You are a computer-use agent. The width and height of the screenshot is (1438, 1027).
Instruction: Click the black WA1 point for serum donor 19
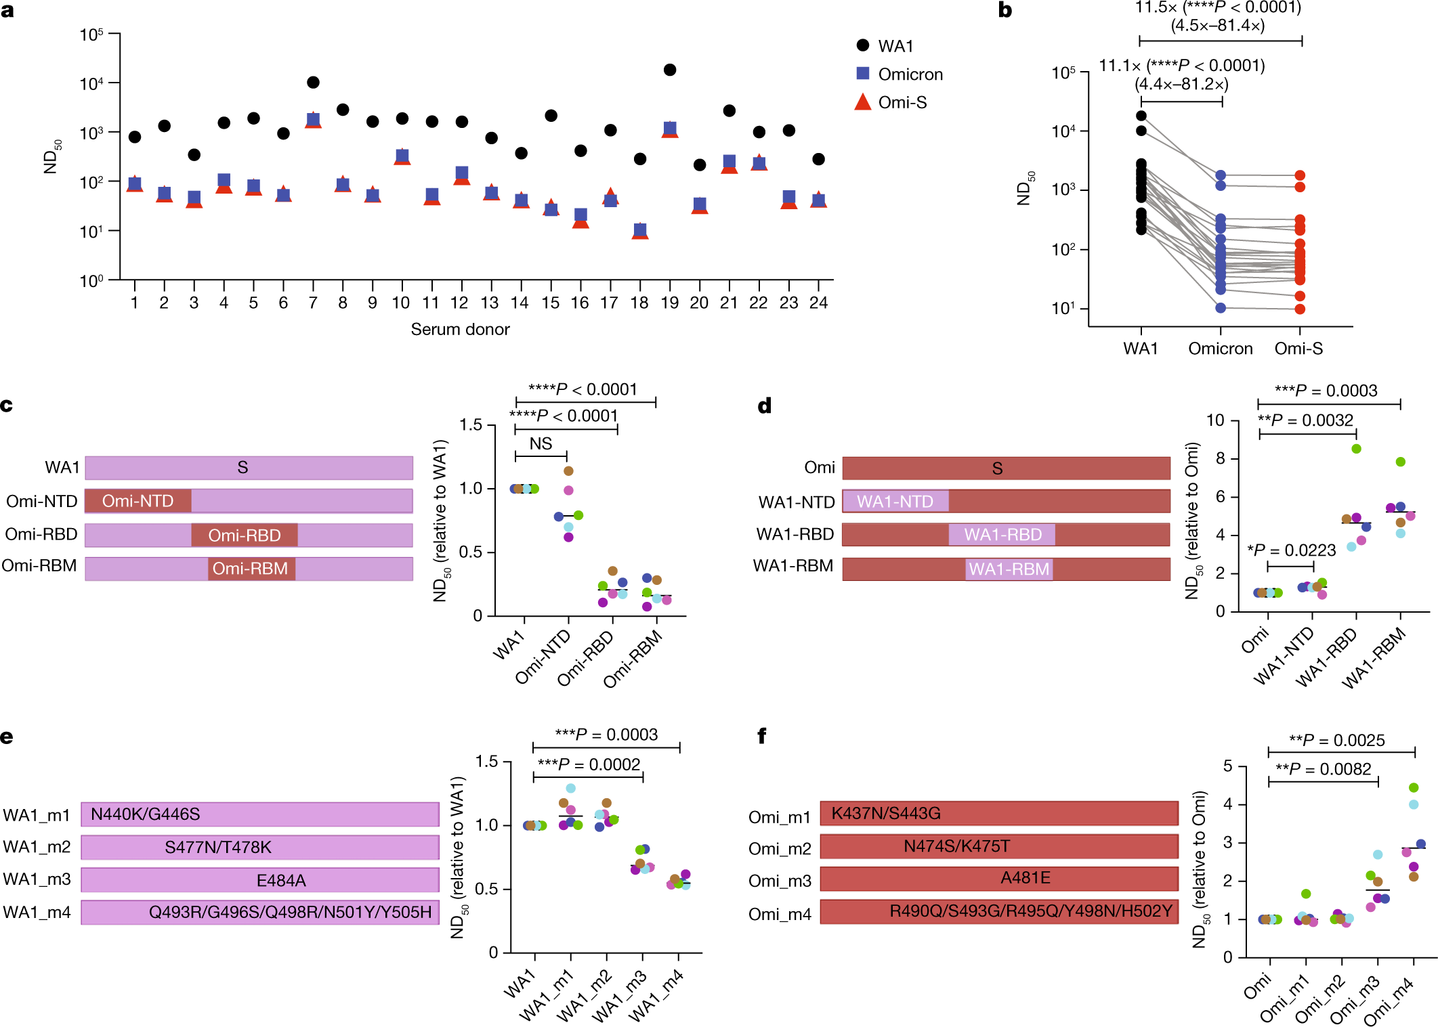pyautogui.click(x=670, y=70)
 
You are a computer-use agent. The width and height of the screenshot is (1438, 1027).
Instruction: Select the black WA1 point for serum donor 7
pyautogui.click(x=313, y=83)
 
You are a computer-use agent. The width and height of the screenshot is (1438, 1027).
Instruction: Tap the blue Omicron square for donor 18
pyautogui.click(x=640, y=230)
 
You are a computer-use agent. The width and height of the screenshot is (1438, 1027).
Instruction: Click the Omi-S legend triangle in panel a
pyautogui.click(x=862, y=102)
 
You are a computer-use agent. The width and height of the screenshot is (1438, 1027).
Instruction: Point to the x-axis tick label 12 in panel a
pyautogui.click(x=460, y=303)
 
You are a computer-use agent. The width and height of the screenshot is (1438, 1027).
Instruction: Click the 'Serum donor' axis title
pyautogui.click(x=460, y=330)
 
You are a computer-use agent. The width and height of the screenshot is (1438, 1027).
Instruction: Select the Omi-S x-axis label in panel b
pyautogui.click(x=1298, y=349)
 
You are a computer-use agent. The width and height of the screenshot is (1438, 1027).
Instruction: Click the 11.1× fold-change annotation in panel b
pyautogui.click(x=1181, y=66)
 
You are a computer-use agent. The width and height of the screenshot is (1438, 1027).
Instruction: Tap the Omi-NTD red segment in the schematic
pyautogui.click(x=138, y=501)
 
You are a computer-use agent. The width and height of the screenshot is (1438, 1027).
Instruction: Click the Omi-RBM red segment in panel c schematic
pyautogui.click(x=251, y=569)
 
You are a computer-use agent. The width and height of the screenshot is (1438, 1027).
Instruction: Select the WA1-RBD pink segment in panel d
pyautogui.click(x=1002, y=535)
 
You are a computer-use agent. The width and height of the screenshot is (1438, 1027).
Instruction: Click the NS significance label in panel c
pyautogui.click(x=541, y=443)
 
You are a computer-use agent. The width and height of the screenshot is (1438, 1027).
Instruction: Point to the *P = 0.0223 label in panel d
pyautogui.click(x=1292, y=550)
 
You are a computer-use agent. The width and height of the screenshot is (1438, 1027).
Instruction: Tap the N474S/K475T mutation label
pyautogui.click(x=956, y=846)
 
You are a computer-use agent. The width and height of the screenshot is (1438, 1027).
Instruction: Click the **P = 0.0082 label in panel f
pyautogui.click(x=1323, y=769)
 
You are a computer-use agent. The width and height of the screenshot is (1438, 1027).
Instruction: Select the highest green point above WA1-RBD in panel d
pyautogui.click(x=1356, y=449)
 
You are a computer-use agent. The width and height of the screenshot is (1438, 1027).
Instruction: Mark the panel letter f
pyautogui.click(x=761, y=736)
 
